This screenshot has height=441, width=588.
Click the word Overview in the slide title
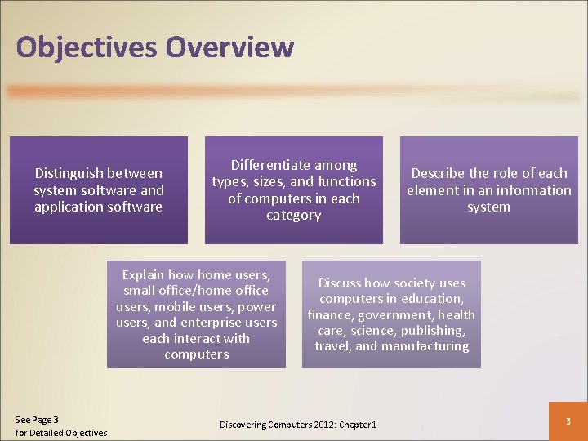[229, 47]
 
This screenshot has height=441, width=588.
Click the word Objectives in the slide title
[87, 47]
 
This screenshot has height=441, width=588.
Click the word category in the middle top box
[294, 216]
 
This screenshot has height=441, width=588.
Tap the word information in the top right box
[531, 190]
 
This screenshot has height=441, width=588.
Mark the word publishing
[435, 331]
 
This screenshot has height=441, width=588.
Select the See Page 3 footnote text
[37, 420]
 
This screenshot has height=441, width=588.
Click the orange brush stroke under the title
[294, 92]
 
